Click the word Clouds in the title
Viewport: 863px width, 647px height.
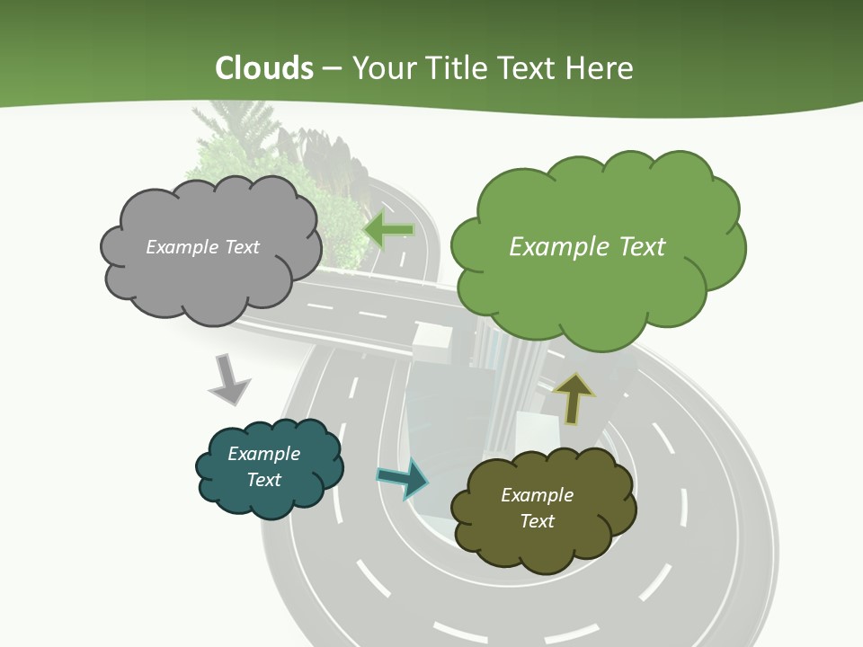264,68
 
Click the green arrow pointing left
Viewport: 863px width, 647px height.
388,230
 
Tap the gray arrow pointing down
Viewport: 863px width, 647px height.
228,379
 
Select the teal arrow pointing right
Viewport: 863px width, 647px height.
404,477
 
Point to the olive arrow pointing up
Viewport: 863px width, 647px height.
574,396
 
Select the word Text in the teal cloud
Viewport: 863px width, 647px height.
264,480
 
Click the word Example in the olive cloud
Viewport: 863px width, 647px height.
537,495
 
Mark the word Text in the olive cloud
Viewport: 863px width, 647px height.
537,521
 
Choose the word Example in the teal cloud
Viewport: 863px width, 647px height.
263,454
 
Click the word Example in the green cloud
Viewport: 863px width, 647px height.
554,247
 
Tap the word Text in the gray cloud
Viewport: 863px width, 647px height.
241,247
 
